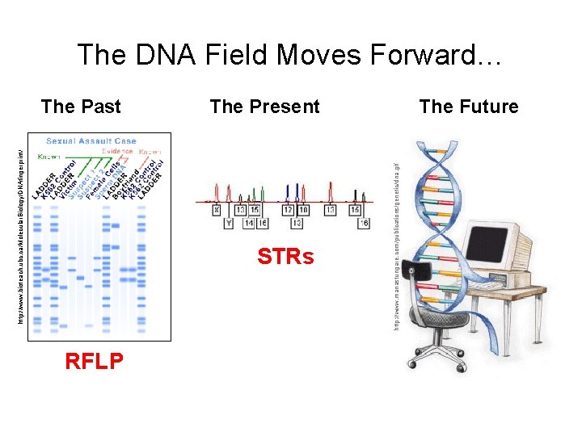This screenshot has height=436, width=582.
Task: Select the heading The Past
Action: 81,107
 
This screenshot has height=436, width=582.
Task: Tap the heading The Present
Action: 264,107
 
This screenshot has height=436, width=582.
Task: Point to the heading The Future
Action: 469,107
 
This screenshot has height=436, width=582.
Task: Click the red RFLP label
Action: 95,362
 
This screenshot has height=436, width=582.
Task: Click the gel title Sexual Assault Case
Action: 91,141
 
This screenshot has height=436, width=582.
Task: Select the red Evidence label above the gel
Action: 117,151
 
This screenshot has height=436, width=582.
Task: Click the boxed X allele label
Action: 217,209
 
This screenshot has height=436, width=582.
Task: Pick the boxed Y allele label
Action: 229,223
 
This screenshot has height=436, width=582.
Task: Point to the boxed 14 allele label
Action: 249,223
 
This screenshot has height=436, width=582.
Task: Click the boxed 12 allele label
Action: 289,209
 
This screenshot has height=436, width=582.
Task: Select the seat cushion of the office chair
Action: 441,319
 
